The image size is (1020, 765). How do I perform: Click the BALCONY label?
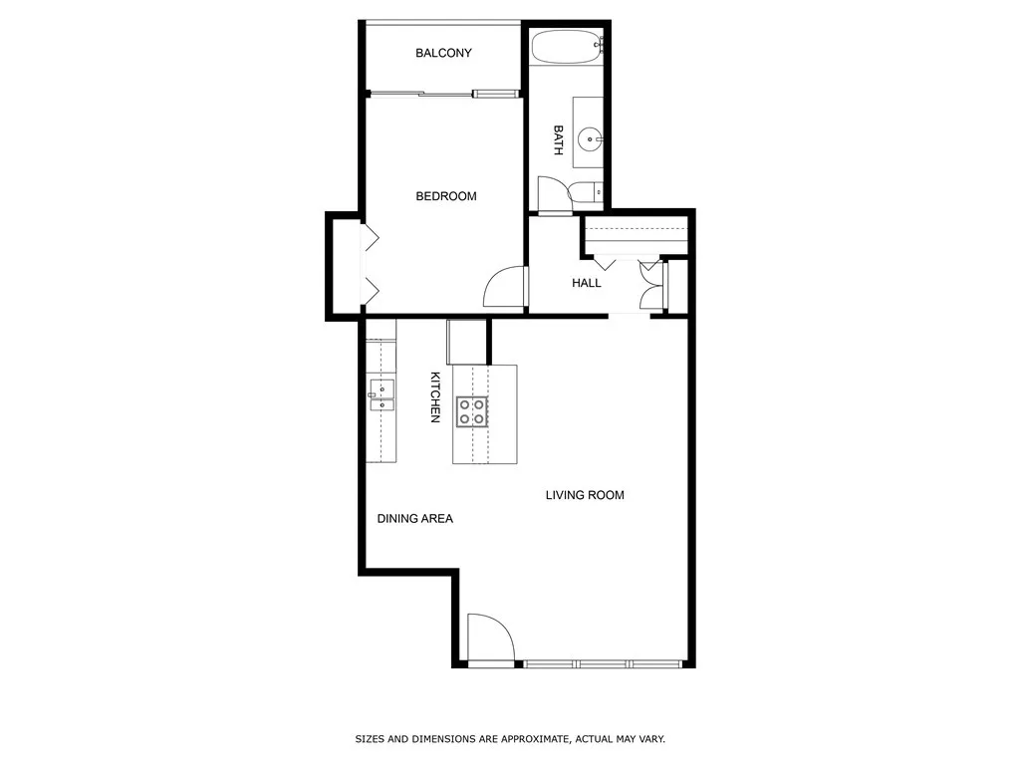click(x=443, y=54)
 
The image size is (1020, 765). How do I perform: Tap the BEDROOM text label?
click(x=445, y=196)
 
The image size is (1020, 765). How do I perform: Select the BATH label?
click(x=558, y=139)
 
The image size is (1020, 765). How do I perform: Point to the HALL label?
click(x=587, y=283)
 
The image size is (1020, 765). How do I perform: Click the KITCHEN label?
click(x=435, y=397)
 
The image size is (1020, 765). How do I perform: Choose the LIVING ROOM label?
click(x=585, y=495)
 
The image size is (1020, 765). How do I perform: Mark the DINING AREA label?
click(x=414, y=519)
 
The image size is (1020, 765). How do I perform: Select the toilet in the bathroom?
click(x=584, y=192)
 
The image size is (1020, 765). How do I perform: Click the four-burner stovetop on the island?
click(x=472, y=411)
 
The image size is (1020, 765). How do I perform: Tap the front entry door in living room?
click(x=489, y=637)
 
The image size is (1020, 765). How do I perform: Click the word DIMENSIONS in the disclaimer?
click(x=441, y=739)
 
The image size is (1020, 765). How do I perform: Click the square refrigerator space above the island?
click(x=466, y=342)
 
